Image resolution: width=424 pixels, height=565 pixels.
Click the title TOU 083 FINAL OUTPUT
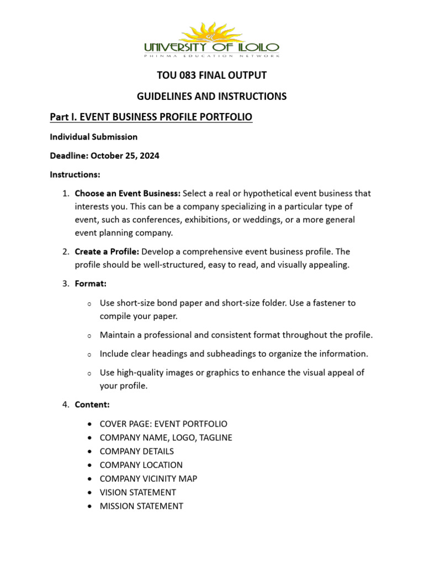point(211,75)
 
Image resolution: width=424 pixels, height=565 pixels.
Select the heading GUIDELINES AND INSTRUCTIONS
point(211,97)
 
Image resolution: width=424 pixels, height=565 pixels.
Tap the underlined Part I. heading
point(151,117)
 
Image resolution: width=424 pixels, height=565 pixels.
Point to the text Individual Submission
point(93,136)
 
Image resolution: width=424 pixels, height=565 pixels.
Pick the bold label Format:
point(91,284)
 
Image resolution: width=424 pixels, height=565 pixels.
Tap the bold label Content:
point(92,405)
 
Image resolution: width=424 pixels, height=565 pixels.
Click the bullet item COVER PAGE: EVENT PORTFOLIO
point(163,424)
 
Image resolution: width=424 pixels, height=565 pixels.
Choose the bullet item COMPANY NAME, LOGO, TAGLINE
point(166,438)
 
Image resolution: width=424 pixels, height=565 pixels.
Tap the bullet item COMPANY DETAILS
point(136,451)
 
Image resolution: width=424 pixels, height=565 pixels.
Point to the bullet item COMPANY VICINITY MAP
point(148,478)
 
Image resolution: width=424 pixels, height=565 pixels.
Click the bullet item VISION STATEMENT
point(137,492)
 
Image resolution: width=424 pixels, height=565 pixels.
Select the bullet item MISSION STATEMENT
point(141,506)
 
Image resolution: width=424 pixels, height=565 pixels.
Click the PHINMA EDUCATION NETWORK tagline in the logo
point(211,56)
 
